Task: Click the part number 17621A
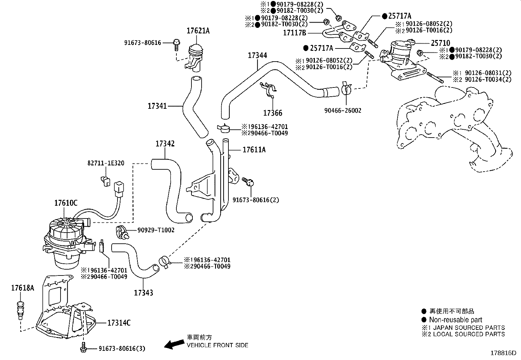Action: [198, 31]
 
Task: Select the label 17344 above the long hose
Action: [257, 55]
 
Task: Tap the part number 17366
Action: [273, 113]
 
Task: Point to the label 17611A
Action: [254, 150]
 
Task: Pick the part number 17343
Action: [143, 293]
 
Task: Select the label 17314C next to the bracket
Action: [119, 323]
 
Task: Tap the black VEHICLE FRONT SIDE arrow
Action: [173, 344]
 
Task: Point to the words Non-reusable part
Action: [456, 320]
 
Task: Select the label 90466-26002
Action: [343, 111]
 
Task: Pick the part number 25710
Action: [440, 43]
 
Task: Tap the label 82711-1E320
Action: [106, 163]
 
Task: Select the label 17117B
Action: [295, 33]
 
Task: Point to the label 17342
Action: [165, 143]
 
